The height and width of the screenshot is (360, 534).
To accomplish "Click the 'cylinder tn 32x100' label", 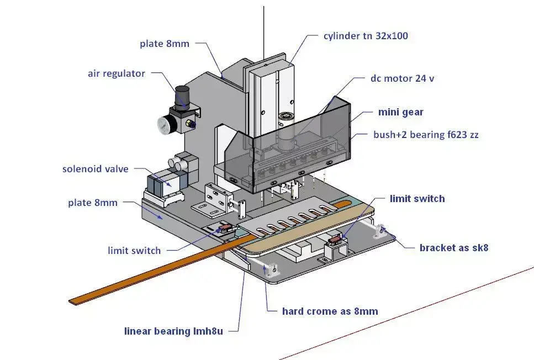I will click(366, 36).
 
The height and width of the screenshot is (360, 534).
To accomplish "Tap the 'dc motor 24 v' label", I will click(402, 78).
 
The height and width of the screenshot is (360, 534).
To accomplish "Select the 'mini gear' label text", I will click(400, 112).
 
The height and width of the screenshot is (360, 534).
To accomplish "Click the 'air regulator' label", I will click(117, 73).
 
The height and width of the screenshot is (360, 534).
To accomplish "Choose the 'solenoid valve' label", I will click(96, 168).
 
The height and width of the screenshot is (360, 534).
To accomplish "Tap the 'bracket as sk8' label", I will click(454, 247).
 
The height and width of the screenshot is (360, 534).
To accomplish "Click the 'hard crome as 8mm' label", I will click(330, 311).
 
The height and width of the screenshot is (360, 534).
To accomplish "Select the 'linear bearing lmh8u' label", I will click(173, 332).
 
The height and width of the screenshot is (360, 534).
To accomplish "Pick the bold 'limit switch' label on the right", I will click(417, 198).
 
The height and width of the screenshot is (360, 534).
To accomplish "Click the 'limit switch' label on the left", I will click(134, 251).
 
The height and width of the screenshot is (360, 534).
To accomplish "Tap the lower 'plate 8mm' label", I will click(93, 203).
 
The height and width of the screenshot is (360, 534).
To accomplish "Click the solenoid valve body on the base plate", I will click(162, 185).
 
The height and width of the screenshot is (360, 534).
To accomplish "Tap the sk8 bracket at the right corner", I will click(380, 230).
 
